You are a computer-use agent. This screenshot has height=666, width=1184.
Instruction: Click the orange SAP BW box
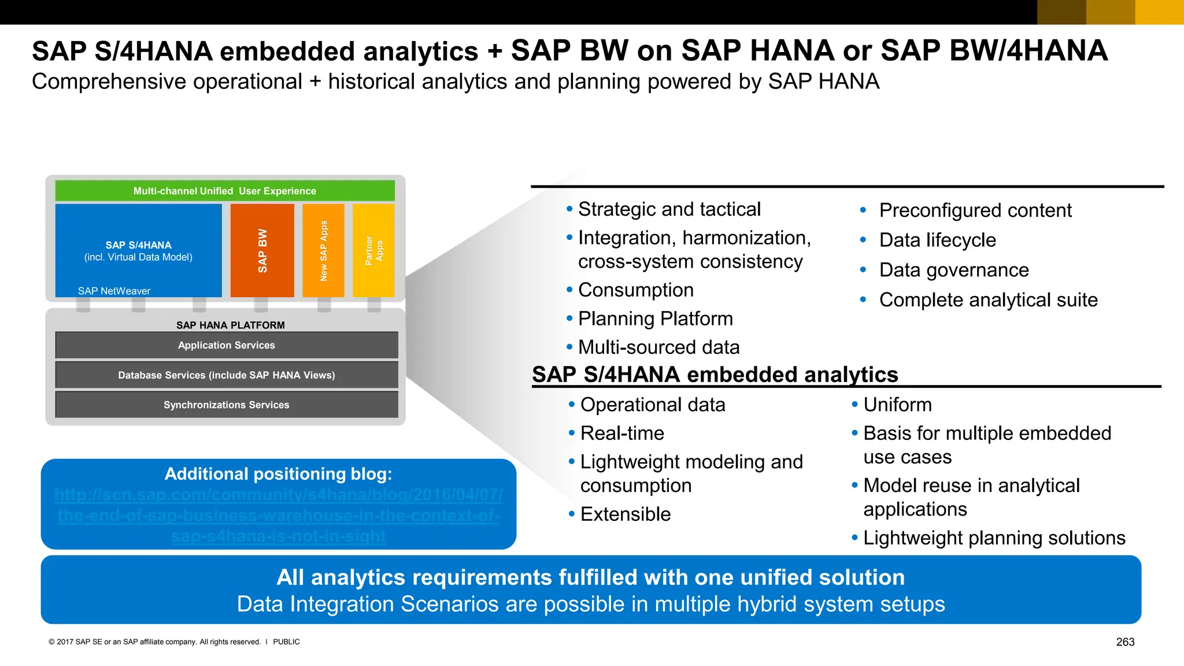click(262, 250)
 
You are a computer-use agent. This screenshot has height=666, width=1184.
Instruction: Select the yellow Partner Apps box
click(373, 250)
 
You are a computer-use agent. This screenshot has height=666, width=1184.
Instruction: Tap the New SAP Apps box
click(323, 250)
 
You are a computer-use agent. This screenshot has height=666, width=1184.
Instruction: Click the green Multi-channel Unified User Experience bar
click(225, 191)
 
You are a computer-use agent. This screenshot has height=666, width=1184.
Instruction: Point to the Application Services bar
click(227, 345)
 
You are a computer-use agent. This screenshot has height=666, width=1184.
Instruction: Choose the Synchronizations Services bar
click(227, 405)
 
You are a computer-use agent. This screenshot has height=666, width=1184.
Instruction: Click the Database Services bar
click(227, 375)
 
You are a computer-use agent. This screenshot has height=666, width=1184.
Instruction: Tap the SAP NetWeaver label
click(114, 291)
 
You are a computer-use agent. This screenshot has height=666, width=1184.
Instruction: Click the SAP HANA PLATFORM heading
click(230, 325)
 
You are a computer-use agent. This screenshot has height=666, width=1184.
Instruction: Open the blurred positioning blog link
click(279, 515)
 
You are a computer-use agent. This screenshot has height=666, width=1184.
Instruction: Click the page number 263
click(1125, 642)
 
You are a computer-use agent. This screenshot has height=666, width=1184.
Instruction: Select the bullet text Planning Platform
click(655, 319)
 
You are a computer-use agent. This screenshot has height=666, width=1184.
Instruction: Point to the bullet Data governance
click(954, 270)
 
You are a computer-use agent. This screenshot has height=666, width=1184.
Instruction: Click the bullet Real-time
click(622, 433)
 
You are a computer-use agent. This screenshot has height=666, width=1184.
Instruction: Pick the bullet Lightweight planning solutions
click(994, 538)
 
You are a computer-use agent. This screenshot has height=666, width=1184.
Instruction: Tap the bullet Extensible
click(626, 514)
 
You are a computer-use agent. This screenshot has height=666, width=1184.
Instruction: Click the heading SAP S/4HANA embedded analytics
click(715, 375)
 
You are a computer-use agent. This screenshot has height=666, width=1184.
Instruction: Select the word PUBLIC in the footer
click(286, 642)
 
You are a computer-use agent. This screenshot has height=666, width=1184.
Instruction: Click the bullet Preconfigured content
click(975, 210)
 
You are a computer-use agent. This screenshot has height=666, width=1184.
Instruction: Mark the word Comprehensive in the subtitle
click(109, 82)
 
